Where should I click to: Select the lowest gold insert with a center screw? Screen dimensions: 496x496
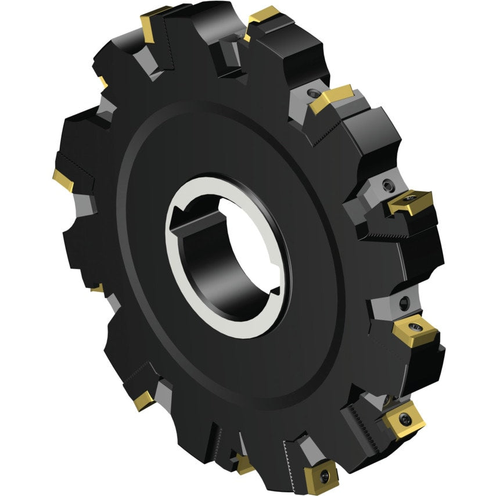click(x=321, y=473)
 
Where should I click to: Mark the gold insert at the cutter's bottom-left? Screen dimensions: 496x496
click(x=142, y=400)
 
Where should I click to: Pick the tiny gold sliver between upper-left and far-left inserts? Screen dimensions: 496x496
click(x=102, y=82)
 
